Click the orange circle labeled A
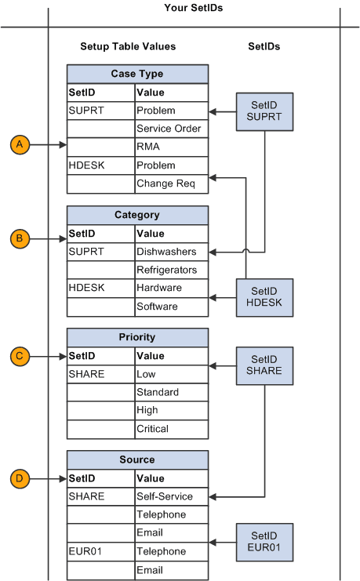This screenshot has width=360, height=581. [20, 144]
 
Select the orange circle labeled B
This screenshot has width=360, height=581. [20, 238]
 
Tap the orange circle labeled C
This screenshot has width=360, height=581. [20, 357]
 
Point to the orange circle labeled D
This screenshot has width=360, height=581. [20, 478]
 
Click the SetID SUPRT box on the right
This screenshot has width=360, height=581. [264, 112]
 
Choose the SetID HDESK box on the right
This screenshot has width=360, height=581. [264, 297]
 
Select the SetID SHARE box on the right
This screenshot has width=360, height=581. [264, 365]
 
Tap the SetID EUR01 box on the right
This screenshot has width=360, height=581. [264, 542]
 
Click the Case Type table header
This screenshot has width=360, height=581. [137, 74]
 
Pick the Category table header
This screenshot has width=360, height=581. [137, 215]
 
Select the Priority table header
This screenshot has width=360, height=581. [137, 337]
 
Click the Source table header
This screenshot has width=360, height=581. [137, 459]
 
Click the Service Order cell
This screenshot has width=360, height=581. [171, 129]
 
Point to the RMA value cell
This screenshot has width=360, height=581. [171, 147]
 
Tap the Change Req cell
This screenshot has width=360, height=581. [171, 183]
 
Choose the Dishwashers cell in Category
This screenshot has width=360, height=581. [171, 252]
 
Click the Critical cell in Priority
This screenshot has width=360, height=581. [171, 429]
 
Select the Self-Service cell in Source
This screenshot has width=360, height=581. [171, 496]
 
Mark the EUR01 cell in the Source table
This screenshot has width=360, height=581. [100, 551]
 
